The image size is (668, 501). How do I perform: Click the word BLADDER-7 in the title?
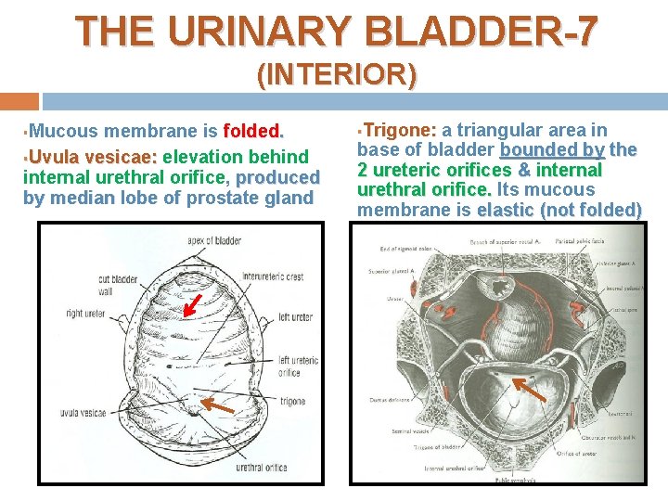point(482,31)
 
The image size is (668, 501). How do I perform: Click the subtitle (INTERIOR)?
point(336,73)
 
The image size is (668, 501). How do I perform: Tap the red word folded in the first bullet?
point(251,131)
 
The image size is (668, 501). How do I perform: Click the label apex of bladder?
point(213,240)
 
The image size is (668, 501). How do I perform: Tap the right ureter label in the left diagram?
point(86,314)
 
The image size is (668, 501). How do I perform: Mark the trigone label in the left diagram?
point(292,401)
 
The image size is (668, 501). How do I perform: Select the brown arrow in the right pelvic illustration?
point(531,389)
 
